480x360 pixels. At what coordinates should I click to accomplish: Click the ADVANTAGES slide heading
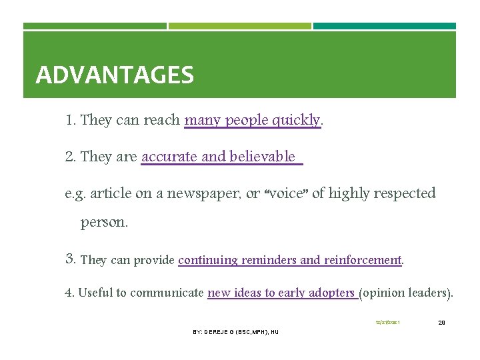pos(115,75)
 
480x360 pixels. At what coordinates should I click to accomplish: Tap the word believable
pos(262,157)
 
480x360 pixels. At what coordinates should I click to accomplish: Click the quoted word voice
pos(286,193)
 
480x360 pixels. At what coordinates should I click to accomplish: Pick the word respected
pos(403,193)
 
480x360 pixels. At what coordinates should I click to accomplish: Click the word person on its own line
pos(103,223)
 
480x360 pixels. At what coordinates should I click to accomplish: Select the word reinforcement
pos(362,260)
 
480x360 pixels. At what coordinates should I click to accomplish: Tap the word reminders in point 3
pos(271,260)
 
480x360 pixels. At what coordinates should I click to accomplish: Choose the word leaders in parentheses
pos(429,293)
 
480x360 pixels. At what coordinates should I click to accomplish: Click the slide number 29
pos(441,323)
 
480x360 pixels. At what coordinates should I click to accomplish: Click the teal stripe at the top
pos(385,26)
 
